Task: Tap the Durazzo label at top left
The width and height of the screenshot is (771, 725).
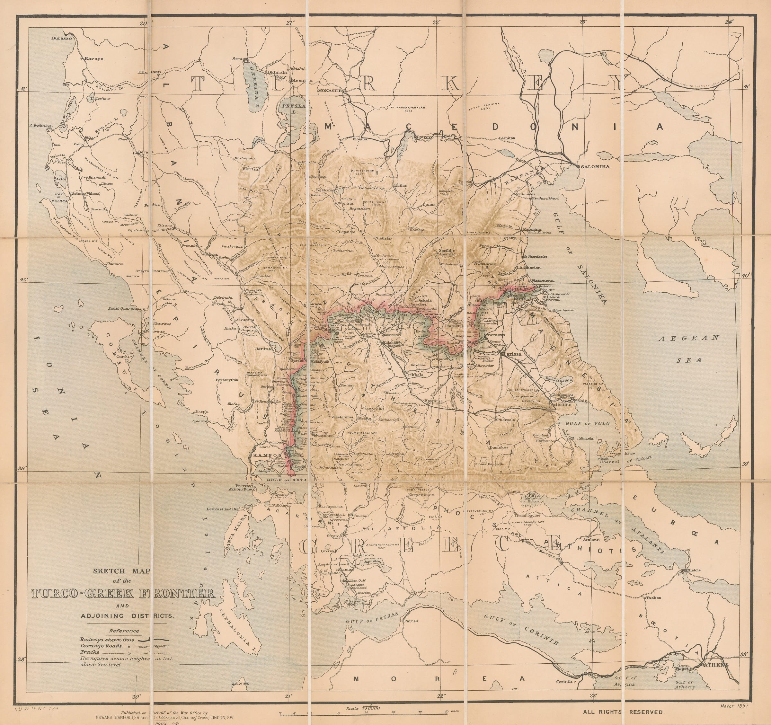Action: [62, 38]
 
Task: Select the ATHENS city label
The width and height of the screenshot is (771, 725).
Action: [716, 665]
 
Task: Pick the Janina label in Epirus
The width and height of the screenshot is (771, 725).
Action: [263, 349]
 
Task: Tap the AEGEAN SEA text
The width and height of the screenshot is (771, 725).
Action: [689, 349]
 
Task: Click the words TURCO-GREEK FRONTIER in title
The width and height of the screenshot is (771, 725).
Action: [122, 593]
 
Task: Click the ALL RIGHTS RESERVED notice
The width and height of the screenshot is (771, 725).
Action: [624, 712]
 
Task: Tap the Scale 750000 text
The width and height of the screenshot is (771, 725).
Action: [363, 708]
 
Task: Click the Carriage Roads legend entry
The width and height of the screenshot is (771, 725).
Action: [101, 646]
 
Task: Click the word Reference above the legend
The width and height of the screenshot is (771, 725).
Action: [124, 631]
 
